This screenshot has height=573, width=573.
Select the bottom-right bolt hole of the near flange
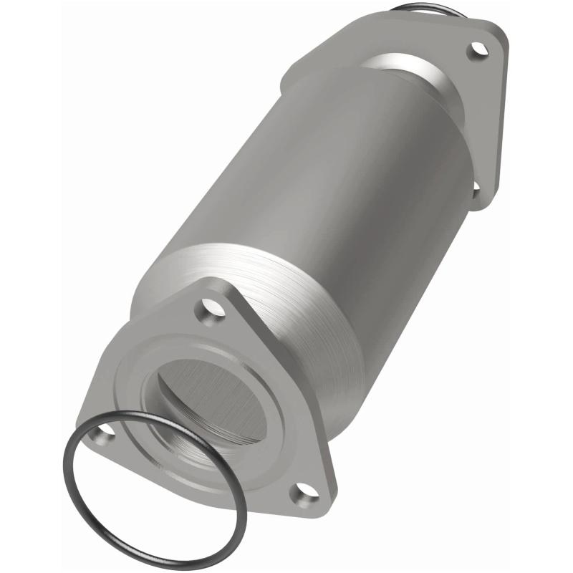(x=304, y=493)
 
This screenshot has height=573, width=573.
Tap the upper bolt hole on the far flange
(x=476, y=50)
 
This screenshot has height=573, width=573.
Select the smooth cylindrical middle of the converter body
(x=308, y=179)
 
